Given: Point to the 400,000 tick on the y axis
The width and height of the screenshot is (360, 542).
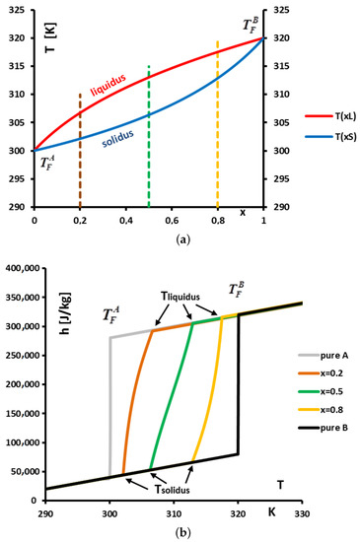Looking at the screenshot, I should (22, 268).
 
